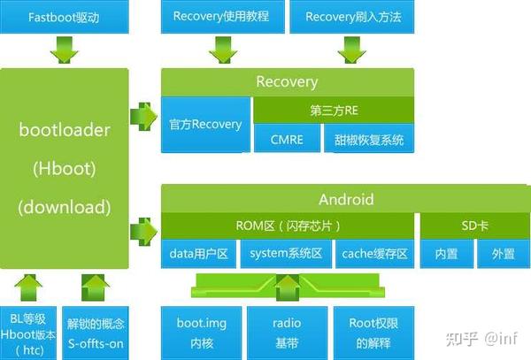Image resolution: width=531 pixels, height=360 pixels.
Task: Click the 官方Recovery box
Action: [205, 125]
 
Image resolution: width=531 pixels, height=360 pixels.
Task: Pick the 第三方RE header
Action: [333, 110]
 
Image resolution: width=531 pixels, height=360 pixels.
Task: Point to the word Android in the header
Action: [346, 199]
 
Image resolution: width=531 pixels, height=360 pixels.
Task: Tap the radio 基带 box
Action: [284, 332]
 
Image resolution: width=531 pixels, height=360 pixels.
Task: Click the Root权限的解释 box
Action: [371, 332]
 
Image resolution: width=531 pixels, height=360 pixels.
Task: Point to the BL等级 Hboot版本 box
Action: [28, 332]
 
